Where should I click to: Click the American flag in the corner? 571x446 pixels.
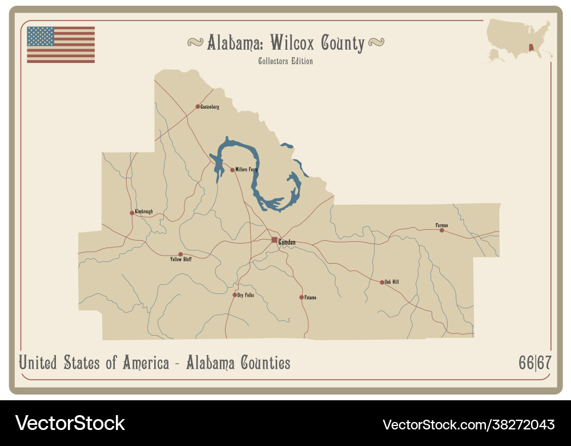61,45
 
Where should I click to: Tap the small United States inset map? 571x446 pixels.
518,40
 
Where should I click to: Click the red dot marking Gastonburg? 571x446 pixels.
198,106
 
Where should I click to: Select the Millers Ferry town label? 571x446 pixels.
247,170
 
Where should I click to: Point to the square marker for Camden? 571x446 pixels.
275,240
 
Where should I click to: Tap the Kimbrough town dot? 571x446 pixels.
132,213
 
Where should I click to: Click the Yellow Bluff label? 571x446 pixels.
181,260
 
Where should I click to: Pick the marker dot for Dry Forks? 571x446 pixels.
235,295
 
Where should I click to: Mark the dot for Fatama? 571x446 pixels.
301,297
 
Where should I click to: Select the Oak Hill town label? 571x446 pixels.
392,282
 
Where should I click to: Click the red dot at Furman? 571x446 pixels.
441,230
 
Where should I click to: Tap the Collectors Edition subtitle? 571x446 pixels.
285,61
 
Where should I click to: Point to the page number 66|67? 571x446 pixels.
535,363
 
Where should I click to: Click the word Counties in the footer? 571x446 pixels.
266,363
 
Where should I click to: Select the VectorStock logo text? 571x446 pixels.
70,424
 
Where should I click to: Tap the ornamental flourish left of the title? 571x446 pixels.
195,42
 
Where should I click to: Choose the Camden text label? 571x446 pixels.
287,243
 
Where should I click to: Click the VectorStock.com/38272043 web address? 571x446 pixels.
468,424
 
